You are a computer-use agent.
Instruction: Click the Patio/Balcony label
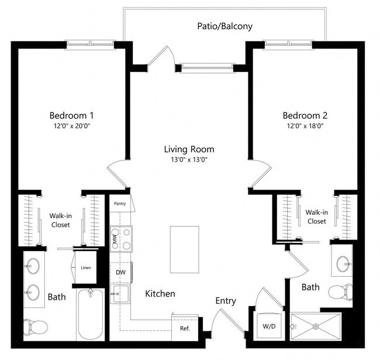(x=224, y=26)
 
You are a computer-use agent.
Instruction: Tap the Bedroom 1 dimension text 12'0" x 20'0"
(x=71, y=125)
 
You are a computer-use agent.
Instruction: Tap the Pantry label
(x=120, y=204)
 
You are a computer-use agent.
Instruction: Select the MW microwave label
(x=115, y=239)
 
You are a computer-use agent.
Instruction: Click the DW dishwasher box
(x=120, y=272)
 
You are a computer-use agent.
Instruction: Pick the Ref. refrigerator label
(x=184, y=328)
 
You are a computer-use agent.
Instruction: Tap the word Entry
(x=225, y=301)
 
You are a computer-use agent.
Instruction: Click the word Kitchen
(x=160, y=293)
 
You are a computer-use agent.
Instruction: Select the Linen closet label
(x=85, y=268)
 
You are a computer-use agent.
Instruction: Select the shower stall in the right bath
(x=316, y=325)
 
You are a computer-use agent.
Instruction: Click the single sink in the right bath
(x=341, y=261)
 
